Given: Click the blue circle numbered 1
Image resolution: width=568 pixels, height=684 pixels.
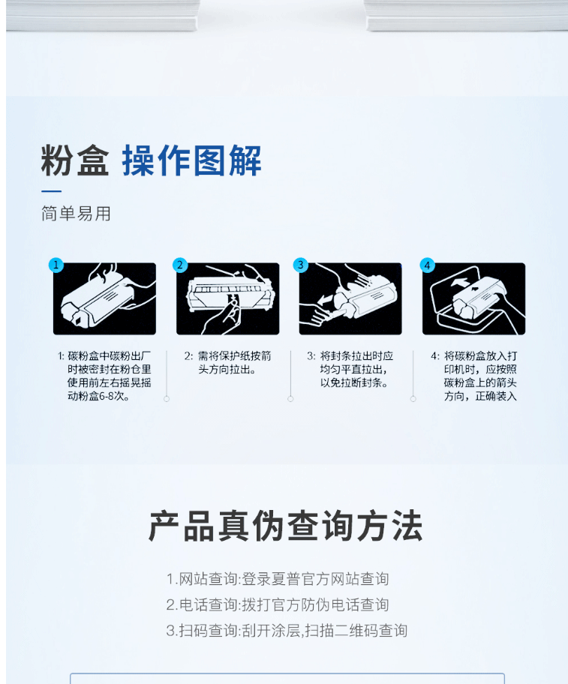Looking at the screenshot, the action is [x=56, y=265].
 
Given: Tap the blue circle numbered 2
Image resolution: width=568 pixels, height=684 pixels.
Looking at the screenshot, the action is [x=180, y=265].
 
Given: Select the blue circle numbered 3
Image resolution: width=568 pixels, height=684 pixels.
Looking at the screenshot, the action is [x=300, y=265].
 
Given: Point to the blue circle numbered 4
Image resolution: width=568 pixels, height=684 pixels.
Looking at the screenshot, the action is [x=427, y=265].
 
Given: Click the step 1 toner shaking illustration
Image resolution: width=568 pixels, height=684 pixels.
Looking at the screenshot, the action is [x=105, y=298].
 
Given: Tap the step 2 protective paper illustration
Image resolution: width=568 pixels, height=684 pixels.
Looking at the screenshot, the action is [x=227, y=298].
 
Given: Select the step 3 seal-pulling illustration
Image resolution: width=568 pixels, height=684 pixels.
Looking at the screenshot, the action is [x=350, y=298].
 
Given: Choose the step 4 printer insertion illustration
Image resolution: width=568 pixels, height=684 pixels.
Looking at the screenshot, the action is [x=473, y=298].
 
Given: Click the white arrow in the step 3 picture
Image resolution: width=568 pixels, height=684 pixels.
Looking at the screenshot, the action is [x=325, y=300].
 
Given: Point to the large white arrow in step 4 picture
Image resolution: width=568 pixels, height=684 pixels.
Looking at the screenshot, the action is [x=461, y=281].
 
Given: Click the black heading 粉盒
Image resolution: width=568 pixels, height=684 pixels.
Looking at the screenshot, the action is [x=75, y=160].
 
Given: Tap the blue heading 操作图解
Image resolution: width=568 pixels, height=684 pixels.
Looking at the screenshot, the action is [x=191, y=160].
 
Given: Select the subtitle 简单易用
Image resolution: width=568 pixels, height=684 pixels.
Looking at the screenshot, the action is [x=77, y=214].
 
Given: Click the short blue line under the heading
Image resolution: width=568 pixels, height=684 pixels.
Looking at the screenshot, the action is [x=52, y=191].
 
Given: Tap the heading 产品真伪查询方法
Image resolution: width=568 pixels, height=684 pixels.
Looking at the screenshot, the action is [x=285, y=526].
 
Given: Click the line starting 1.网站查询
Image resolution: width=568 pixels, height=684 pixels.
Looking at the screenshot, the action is [x=278, y=579].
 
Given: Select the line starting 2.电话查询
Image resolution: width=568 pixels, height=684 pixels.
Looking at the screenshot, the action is [x=278, y=604].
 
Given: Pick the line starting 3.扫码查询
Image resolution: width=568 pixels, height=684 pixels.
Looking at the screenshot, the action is [x=287, y=630].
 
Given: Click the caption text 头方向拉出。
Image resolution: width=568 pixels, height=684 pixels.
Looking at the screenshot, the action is [x=227, y=370].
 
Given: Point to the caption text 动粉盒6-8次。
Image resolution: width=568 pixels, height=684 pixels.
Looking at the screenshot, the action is [x=98, y=396].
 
